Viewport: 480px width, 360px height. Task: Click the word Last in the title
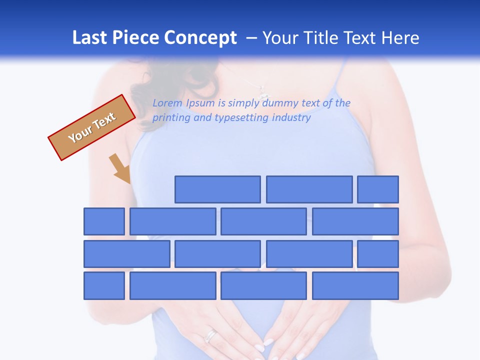tap(90, 38)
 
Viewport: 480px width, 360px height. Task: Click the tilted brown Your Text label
tap(92, 127)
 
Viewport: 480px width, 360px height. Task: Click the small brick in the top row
tap(378, 189)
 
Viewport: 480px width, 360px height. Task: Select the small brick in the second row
tap(104, 221)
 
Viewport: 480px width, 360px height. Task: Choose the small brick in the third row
tap(378, 254)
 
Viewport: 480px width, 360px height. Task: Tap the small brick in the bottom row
tap(104, 286)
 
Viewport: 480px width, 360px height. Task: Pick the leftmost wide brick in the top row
tap(217, 189)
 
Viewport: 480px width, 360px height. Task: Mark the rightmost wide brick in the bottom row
tap(355, 286)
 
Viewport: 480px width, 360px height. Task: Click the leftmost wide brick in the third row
tap(127, 254)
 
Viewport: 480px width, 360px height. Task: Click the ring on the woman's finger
tap(211, 334)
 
